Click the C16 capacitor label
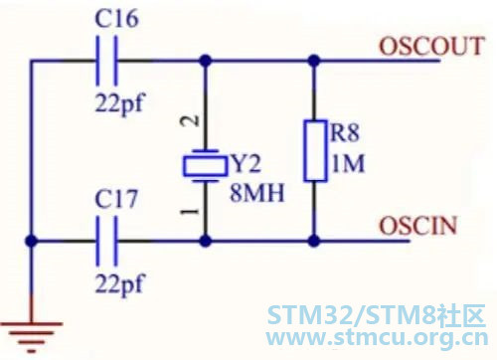tap(116, 19)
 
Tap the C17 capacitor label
tap(116, 199)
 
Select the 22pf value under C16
tap(120, 103)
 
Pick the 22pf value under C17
tap(120, 284)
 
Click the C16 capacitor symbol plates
tap(106, 61)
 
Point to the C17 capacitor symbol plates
tap(106, 241)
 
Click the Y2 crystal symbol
tap(206, 166)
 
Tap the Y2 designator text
tap(247, 164)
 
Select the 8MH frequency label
tap(257, 193)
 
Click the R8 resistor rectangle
tap(315, 151)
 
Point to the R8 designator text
tap(345, 132)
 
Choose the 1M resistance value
tap(348, 163)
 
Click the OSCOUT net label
tap(431, 46)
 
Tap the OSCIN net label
tap(418, 226)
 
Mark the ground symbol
tap(32, 336)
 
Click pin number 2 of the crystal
tap(190, 121)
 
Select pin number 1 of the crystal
tap(190, 211)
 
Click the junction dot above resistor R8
tap(314, 61)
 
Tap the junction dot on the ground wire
tap(32, 241)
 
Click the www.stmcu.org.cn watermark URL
tap(377, 338)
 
